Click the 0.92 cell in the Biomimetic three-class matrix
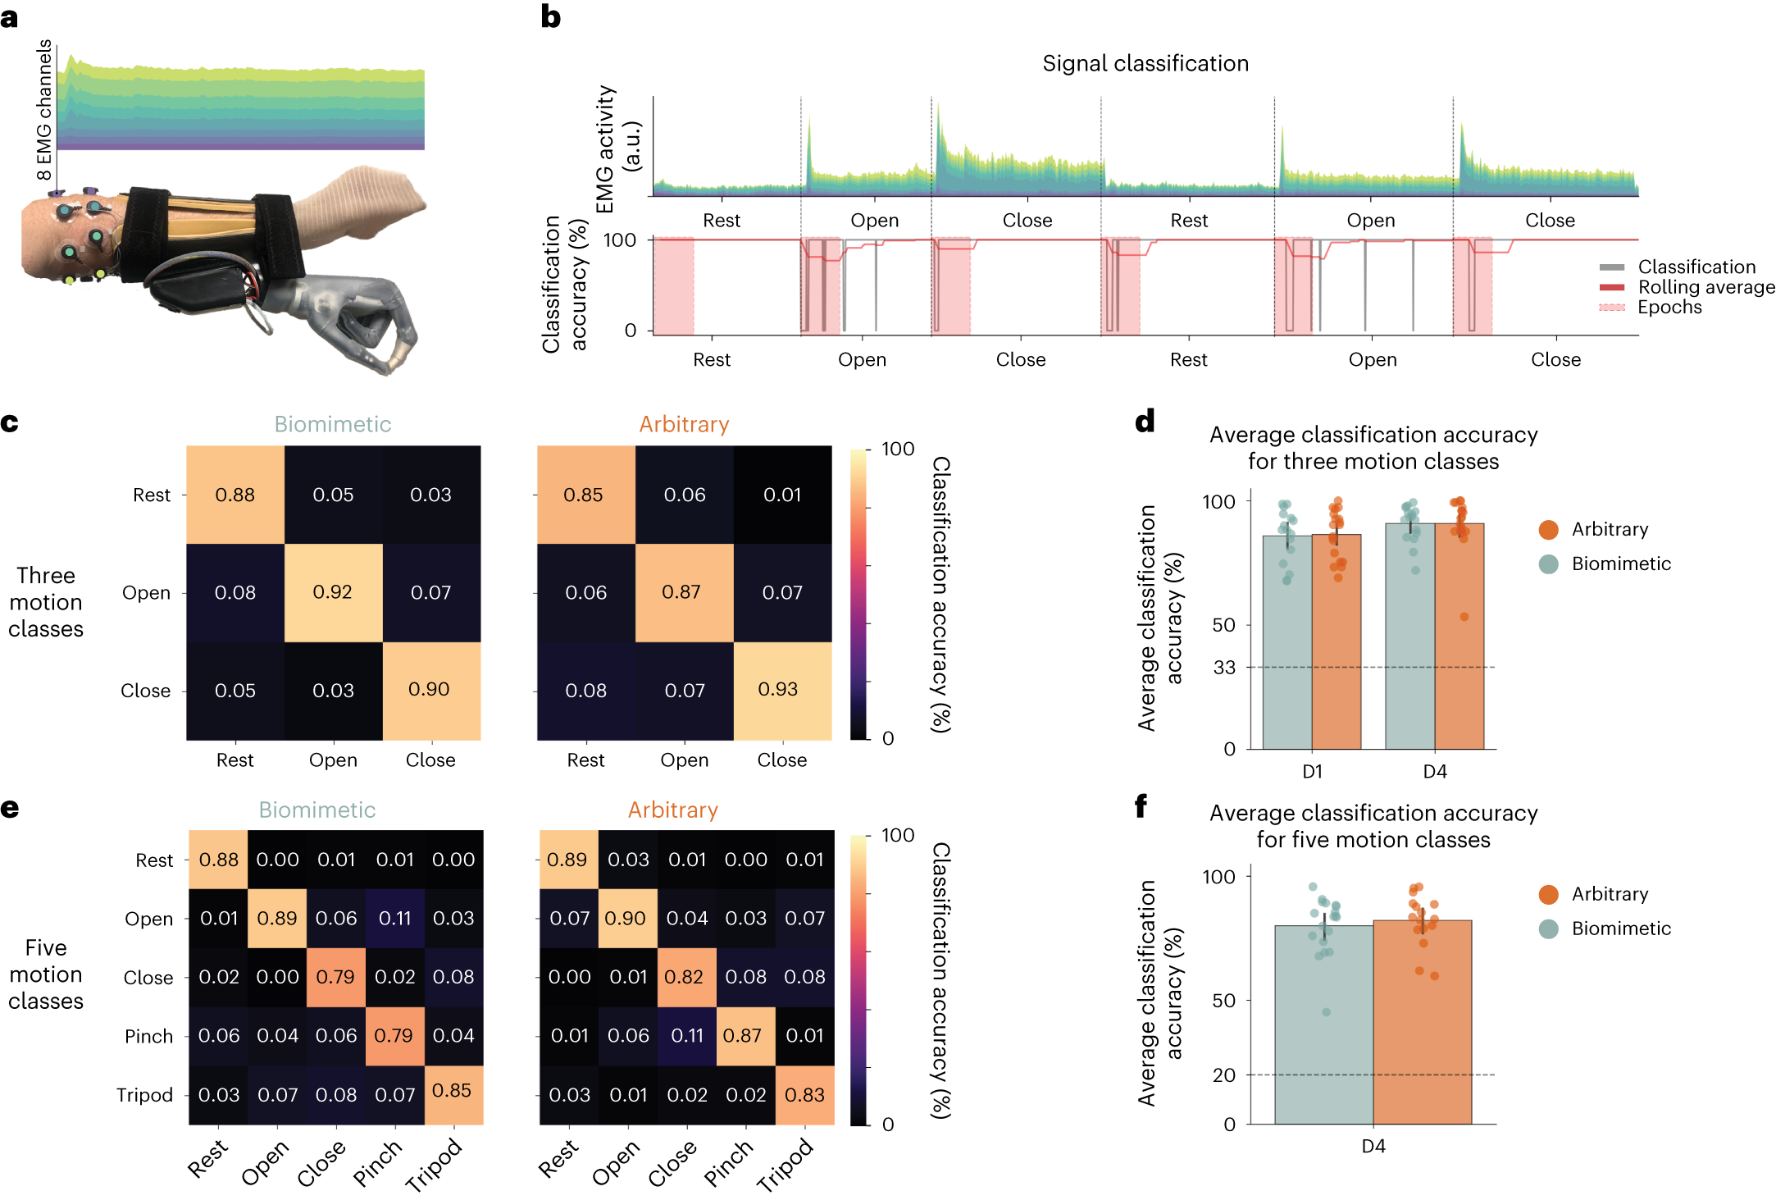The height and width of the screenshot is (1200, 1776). [x=333, y=592]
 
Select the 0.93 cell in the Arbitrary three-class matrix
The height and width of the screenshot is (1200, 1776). [x=781, y=690]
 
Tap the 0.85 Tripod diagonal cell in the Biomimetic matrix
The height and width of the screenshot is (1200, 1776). [x=453, y=1093]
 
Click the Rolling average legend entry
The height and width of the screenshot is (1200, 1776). [x=1705, y=287]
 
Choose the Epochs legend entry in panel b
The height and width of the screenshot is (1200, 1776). [x=1669, y=308]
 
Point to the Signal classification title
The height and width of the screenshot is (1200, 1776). [x=1145, y=64]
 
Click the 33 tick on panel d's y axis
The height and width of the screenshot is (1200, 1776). [x=1224, y=668]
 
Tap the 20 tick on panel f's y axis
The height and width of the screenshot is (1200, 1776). [x=1224, y=1075]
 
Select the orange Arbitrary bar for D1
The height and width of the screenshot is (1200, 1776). [x=1337, y=648]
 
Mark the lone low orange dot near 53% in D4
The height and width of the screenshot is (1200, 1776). [x=1464, y=617]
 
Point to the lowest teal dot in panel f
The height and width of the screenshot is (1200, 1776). [x=1326, y=1012]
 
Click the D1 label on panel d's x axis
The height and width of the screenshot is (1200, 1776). [x=1312, y=772]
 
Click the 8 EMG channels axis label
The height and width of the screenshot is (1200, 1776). [x=44, y=110]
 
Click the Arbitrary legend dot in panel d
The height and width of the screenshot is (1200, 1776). [x=1548, y=530]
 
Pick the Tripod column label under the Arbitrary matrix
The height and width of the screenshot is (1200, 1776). [x=785, y=1164]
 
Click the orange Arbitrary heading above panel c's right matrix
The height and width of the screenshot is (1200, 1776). [x=684, y=424]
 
